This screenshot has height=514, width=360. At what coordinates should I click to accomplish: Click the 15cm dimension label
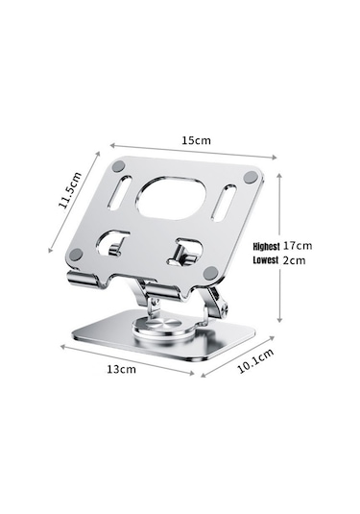click(196, 140)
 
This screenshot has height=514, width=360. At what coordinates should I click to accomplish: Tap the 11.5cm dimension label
click(70, 190)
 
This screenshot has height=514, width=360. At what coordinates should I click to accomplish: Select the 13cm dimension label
click(121, 369)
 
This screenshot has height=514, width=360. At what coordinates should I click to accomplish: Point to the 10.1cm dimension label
click(255, 361)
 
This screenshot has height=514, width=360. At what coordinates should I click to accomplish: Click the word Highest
click(266, 246)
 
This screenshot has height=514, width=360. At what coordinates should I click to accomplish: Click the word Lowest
click(266, 260)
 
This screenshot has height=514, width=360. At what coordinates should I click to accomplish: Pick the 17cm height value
click(298, 246)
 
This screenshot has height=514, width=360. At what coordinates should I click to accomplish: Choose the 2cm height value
click(294, 260)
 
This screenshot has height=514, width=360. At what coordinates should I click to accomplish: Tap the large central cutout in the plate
click(172, 198)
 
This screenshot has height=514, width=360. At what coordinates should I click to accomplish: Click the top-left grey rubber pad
click(118, 166)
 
